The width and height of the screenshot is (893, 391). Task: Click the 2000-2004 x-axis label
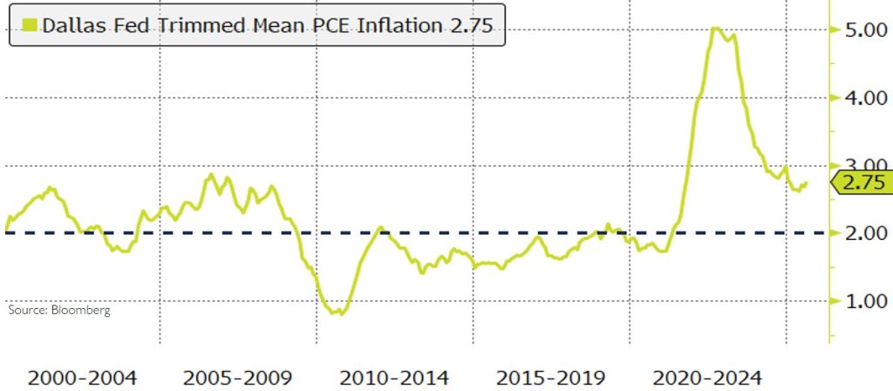[83, 378]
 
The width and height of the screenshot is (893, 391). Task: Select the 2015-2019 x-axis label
[552, 378]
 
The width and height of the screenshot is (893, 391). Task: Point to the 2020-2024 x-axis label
[708, 378]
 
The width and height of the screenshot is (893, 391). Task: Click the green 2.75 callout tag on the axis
[861, 182]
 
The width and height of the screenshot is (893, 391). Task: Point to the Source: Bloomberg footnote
[60, 310]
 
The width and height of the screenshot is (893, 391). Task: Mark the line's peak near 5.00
[715, 29]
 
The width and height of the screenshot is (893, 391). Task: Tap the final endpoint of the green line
[807, 182]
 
